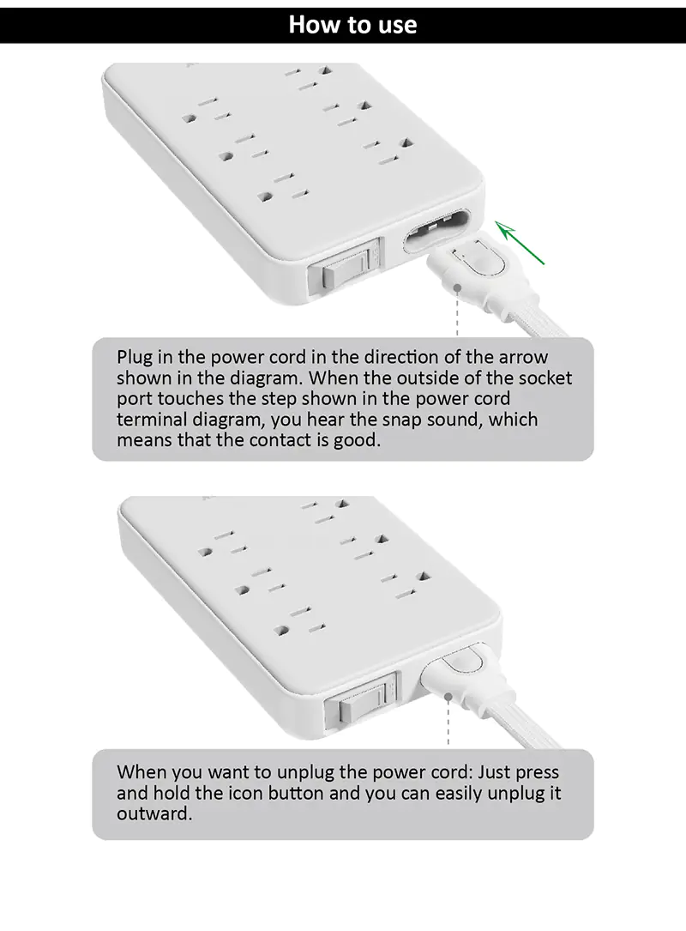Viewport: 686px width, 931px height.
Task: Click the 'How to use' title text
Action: tap(352, 24)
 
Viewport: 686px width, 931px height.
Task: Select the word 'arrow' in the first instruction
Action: tap(523, 358)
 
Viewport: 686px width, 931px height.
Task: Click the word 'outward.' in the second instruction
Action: tap(154, 813)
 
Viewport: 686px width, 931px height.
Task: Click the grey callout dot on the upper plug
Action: tap(458, 288)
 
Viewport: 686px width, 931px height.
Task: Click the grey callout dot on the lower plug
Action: tap(448, 698)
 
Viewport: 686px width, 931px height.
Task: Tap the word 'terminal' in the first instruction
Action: tap(151, 420)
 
